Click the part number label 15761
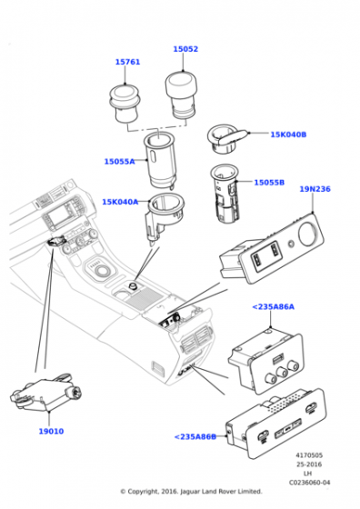pyautogui.click(x=127, y=62)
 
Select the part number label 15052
pyautogui.click(x=185, y=49)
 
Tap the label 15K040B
pyautogui.click(x=288, y=135)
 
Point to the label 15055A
pyautogui.click(x=119, y=162)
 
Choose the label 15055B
pyautogui.click(x=269, y=183)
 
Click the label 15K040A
pyautogui.click(x=120, y=202)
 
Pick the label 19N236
pyautogui.click(x=315, y=189)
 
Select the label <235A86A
pyautogui.click(x=274, y=307)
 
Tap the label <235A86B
pyautogui.click(x=195, y=436)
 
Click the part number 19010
pyautogui.click(x=51, y=432)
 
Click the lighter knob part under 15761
pyautogui.click(x=125, y=103)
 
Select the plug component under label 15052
pyautogui.click(x=181, y=95)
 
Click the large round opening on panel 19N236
pyautogui.click(x=308, y=234)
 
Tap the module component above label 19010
pyautogui.click(x=45, y=392)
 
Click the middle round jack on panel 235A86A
pyautogui.click(x=282, y=372)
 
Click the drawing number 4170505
pyautogui.click(x=309, y=455)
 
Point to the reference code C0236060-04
pyautogui.click(x=309, y=483)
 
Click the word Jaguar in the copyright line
pyautogui.click(x=190, y=492)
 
